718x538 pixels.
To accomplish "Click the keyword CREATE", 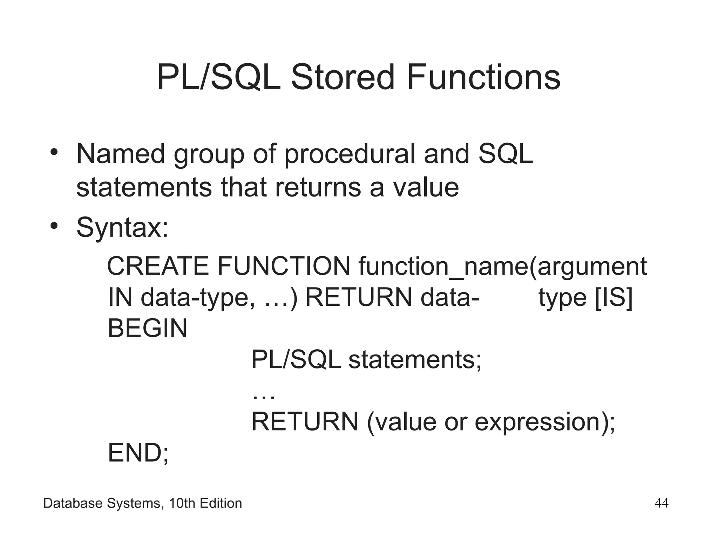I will point(158,267).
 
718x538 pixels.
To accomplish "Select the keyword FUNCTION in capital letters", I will point(284,267).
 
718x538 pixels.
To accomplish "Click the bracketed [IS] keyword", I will point(614,298).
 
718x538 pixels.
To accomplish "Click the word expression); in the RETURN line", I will point(545,422).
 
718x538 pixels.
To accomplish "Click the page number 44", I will point(662,504).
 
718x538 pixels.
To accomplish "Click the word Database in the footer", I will point(73,504).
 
